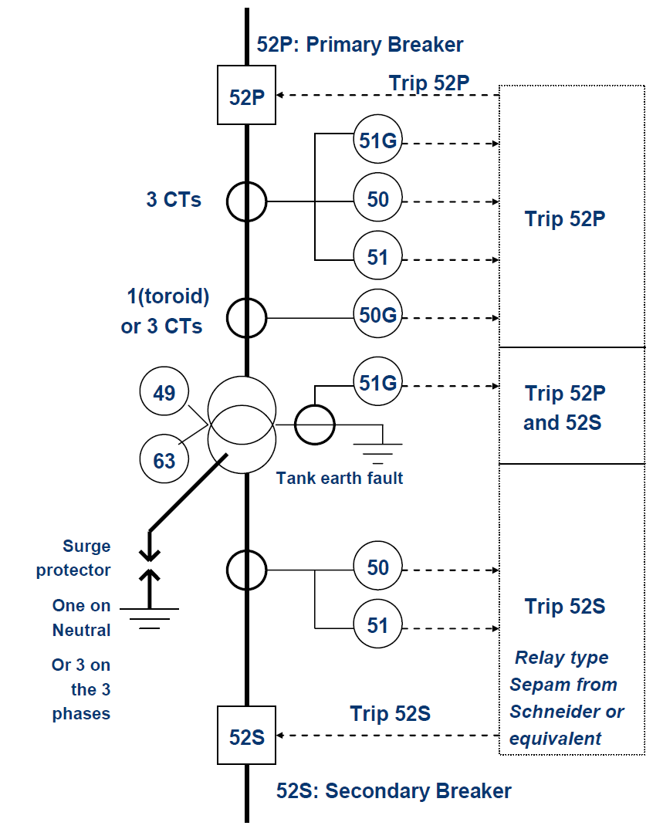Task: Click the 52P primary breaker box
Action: tap(247, 96)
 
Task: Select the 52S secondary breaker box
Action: tap(247, 736)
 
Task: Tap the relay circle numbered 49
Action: tap(164, 393)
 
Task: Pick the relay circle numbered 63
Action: tap(164, 461)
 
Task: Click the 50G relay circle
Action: tap(377, 316)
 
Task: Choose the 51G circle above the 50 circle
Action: tap(377, 141)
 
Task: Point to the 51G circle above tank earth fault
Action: tap(377, 383)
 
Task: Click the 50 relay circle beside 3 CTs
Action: tap(377, 200)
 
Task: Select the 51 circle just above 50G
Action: tap(377, 257)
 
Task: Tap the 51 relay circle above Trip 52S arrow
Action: tap(377, 624)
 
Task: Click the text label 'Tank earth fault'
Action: tap(340, 479)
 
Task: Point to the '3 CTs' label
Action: tap(174, 200)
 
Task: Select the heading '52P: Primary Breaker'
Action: tap(360, 44)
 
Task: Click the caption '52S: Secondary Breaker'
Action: tap(394, 791)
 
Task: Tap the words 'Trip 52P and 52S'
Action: tap(564, 408)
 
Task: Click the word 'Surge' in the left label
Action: tap(86, 546)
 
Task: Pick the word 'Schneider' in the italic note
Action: tap(567, 711)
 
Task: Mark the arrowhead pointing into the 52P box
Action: tap(282, 95)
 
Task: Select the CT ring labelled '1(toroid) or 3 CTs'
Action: tap(246, 316)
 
